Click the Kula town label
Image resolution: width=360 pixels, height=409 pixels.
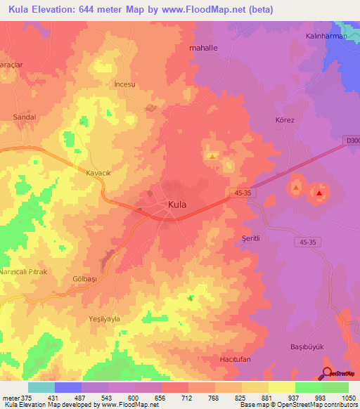[x=177, y=204]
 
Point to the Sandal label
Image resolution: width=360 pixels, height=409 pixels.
[x=25, y=117]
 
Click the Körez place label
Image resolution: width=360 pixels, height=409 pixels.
[x=284, y=120]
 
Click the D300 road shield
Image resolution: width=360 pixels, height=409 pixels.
[x=352, y=139]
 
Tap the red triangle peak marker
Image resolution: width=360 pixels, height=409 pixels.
[x=320, y=193]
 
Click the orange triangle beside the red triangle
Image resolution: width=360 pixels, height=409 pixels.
[x=296, y=188]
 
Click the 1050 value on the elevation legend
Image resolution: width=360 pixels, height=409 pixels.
[x=349, y=398]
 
